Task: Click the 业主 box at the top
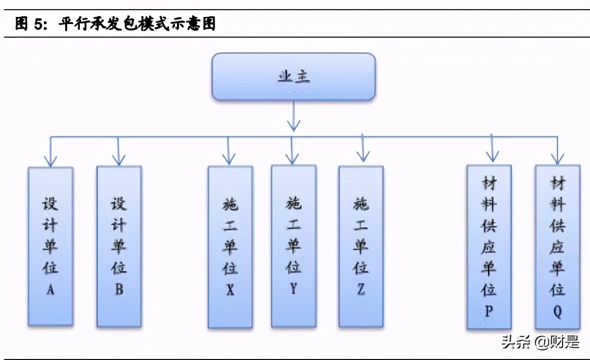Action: (293, 76)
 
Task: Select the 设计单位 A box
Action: (50, 247)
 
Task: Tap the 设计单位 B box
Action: (119, 247)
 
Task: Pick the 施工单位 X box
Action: (230, 247)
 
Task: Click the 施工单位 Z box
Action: (361, 247)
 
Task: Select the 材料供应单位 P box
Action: (489, 247)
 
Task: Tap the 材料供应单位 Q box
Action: (557, 247)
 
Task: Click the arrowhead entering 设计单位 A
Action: (50, 160)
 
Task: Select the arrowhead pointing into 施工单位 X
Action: (229, 158)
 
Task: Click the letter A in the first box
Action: (50, 290)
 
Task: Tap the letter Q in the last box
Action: (557, 311)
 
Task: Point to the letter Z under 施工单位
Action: (361, 289)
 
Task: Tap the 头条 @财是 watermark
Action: (540, 342)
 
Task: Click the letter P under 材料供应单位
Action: (489, 311)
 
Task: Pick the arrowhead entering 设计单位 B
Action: (119, 159)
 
